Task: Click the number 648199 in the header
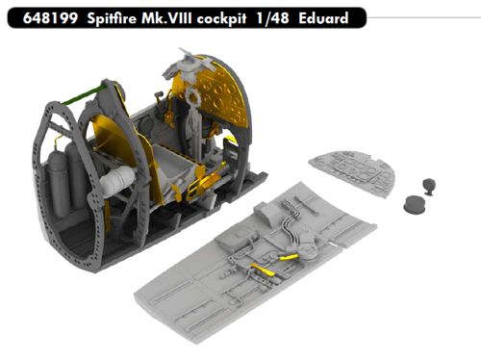pyautogui.click(x=50, y=18)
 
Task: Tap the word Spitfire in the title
pyautogui.click(x=112, y=18)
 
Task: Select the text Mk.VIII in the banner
pyautogui.click(x=166, y=18)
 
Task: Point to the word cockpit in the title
pyautogui.click(x=221, y=19)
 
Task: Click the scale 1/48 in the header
pyautogui.click(x=272, y=18)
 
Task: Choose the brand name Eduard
pyautogui.click(x=323, y=18)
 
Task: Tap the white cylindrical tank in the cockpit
pyautogui.click(x=117, y=181)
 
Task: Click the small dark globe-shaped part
pyautogui.click(x=429, y=186)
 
